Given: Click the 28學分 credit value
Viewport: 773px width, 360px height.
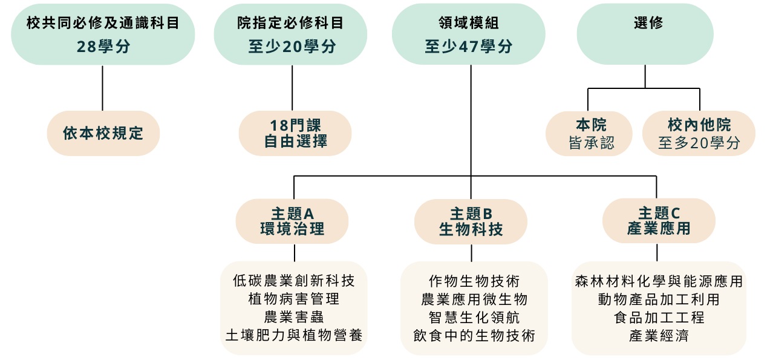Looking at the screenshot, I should tap(103, 47).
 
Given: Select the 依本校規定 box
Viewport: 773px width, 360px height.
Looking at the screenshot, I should tap(103, 133).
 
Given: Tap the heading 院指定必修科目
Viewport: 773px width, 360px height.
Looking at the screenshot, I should tap(290, 23).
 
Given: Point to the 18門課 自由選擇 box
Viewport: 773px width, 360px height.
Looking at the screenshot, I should tap(295, 133).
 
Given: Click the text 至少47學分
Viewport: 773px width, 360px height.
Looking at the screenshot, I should tap(468, 47).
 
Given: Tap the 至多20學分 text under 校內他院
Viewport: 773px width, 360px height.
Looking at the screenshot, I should tap(699, 143).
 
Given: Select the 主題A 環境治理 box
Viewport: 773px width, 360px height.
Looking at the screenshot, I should tap(292, 221).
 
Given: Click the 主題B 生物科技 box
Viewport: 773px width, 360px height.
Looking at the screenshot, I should tap(471, 221).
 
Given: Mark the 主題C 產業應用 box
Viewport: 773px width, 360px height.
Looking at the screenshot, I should tap(659, 221).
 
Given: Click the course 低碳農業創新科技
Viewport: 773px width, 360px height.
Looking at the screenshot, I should tap(293, 281).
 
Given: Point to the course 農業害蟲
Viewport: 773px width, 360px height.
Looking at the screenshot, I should tap(293, 316).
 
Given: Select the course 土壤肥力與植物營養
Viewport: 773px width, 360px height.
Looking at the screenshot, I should tap(293, 335).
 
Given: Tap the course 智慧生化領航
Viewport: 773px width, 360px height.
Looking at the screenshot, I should tap(474, 317).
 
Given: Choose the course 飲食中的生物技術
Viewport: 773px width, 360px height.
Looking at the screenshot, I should tap(474, 335).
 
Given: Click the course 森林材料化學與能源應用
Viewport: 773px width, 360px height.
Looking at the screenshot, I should tap(659, 281).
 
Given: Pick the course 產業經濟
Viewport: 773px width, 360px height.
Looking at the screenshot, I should tap(659, 335).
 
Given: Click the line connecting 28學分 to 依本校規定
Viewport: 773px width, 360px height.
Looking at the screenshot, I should tap(102, 88).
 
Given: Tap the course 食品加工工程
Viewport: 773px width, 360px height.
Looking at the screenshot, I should tap(659, 317).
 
